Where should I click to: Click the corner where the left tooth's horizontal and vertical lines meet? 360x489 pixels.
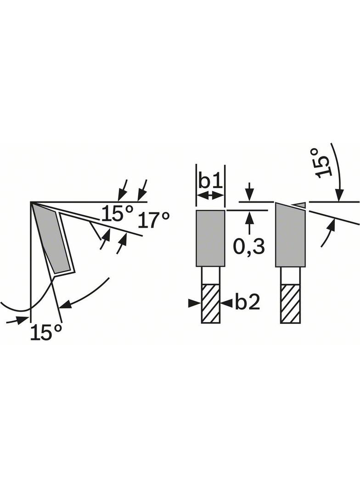point(31,202)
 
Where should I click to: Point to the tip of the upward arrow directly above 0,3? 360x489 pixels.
point(249,211)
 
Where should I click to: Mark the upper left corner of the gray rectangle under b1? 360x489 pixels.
point(197,211)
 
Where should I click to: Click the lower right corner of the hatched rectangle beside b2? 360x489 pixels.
point(219,323)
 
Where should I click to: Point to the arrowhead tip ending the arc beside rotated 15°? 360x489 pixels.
point(339,201)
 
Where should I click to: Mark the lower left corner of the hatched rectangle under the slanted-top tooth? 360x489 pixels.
point(281,323)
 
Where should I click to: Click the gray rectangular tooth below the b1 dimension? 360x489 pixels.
point(210,238)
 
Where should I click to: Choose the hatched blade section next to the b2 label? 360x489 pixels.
point(211,304)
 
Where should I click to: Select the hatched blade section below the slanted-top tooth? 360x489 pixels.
point(290,304)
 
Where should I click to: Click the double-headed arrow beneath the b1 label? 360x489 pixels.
point(210,196)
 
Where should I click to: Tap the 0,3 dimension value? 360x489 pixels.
point(249,246)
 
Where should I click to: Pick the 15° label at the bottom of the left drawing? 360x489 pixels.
point(45,332)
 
